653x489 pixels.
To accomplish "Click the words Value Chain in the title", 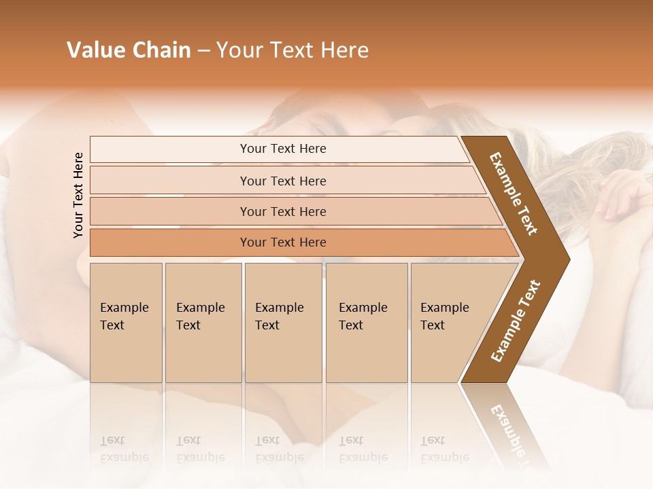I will click(129, 50).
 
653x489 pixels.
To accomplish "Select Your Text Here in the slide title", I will click(292, 50).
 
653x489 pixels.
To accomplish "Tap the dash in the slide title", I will click(203, 51).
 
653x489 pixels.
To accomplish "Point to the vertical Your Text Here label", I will click(78, 195).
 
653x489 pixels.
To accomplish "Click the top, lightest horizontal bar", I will click(282, 149).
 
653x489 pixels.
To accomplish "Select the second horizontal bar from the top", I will click(282, 181).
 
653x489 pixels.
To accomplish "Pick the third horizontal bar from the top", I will click(282, 211).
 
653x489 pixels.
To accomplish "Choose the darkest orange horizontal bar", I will click(282, 242).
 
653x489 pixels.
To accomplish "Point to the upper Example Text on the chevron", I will click(514, 194).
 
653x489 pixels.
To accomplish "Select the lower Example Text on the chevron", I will click(516, 321).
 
